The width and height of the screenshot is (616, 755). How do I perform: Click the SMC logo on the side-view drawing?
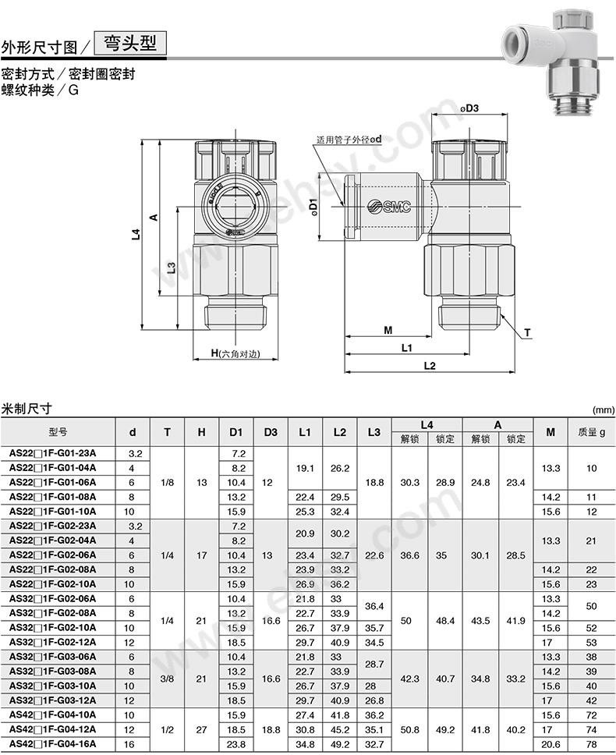click(389, 207)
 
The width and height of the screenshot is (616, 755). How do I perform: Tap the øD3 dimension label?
click(469, 108)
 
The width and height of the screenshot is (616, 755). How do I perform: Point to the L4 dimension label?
click(136, 235)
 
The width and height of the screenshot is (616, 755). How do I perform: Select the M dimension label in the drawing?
click(388, 331)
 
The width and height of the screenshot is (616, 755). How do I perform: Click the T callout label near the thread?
click(528, 332)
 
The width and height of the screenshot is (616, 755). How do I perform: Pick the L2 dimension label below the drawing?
click(430, 366)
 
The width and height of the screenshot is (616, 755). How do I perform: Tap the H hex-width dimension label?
click(235, 353)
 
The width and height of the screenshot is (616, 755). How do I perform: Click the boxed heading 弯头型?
click(130, 44)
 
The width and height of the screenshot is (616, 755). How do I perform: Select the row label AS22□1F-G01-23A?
click(52, 453)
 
